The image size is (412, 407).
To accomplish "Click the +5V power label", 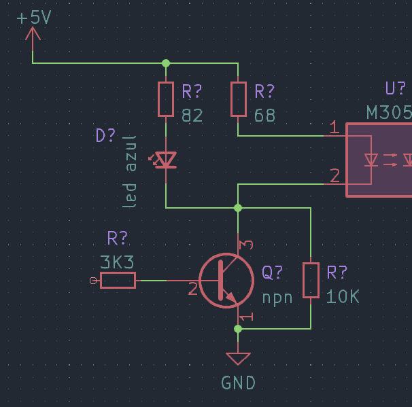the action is coord(34,18).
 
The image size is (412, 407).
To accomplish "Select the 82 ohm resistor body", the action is coord(166,99).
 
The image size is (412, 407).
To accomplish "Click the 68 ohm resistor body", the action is coord(239,99).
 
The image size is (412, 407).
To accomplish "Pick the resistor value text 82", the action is coord(192,116).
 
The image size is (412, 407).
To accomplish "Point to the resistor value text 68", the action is coord(264,116).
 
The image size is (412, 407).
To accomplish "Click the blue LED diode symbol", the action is coord(165,160).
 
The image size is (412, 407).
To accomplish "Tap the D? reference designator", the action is coord(105,135).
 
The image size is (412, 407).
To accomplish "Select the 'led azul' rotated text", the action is coord(130,172).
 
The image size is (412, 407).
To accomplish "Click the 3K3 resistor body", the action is coord(118,281).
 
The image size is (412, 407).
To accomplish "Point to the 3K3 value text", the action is coord(117,262).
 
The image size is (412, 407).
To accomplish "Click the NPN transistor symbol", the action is coord(226,281).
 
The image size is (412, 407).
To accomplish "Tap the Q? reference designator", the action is coord(272,272).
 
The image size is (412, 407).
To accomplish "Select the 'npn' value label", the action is coord(277,298).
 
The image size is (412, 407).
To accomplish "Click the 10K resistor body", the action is coord(311,280).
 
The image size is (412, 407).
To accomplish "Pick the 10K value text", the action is coord(343,297).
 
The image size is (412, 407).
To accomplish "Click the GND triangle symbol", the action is coord(238,359).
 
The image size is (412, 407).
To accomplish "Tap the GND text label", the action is coord(239,383).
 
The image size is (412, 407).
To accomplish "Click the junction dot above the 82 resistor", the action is coord(166,63).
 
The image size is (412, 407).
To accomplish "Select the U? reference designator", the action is coord(396,88).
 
